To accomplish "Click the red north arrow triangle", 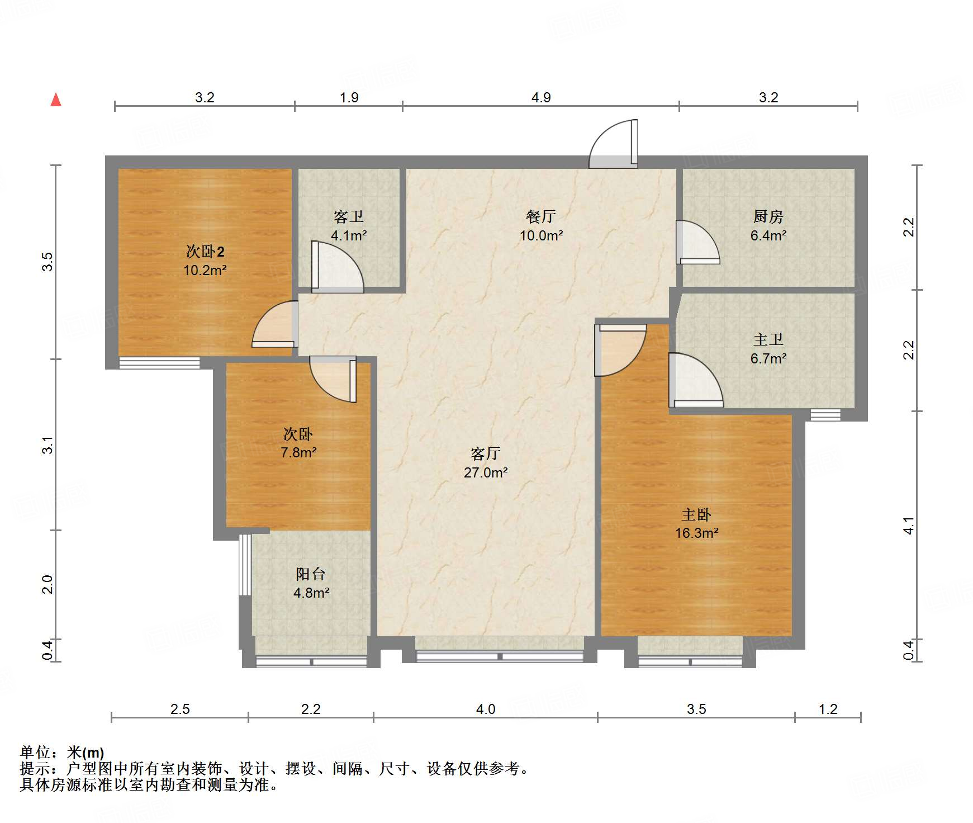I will coord(56,100).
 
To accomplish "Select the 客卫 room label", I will coord(348,216).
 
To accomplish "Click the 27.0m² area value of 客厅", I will coord(485,472).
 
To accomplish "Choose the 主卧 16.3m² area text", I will coord(696,533).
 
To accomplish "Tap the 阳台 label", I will coord(310,574).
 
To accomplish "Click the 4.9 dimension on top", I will coord(540,98).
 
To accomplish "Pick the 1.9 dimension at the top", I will coord(349,98).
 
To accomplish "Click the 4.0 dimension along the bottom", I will coord(485,709).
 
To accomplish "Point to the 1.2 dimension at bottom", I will coord(828,709).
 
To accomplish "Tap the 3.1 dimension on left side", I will coord(48,445).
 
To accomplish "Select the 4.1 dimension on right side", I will coord(909,526).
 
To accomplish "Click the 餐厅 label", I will coord(540,216).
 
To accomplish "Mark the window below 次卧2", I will coord(159,362).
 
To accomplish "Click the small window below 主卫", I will coord(825,414).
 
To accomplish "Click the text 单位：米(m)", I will coord(62,753).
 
